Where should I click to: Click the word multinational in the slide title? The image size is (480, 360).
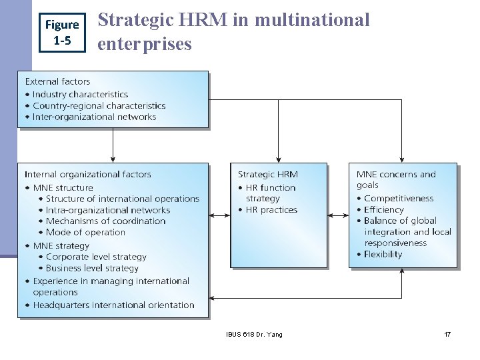click(x=312, y=21)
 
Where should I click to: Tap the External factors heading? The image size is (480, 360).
click(x=57, y=81)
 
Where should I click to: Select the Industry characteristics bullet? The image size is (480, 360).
click(x=80, y=94)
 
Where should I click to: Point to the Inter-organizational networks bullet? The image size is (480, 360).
click(x=94, y=117)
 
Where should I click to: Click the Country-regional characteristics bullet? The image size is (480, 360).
click(x=99, y=105)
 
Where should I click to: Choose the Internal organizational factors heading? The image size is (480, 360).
click(x=88, y=174)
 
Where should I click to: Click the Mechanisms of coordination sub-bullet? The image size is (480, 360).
click(x=105, y=221)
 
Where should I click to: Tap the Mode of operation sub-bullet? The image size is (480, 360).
click(x=85, y=232)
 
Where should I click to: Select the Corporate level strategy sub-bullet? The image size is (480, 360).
click(x=96, y=257)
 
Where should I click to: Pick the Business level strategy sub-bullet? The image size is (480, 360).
click(x=92, y=268)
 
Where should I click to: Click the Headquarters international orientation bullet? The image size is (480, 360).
click(x=113, y=305)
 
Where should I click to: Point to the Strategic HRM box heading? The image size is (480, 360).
click(x=268, y=174)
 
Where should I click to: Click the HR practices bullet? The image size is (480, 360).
click(x=270, y=210)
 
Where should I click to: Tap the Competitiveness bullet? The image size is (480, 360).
click(x=399, y=198)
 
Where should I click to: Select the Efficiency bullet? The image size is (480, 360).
click(x=384, y=209)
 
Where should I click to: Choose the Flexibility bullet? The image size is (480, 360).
click(x=383, y=254)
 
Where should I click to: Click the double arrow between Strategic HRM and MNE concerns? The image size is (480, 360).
click(x=338, y=215)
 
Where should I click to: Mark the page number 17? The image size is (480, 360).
click(x=447, y=334)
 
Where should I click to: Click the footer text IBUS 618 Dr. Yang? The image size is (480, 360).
click(x=254, y=334)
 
